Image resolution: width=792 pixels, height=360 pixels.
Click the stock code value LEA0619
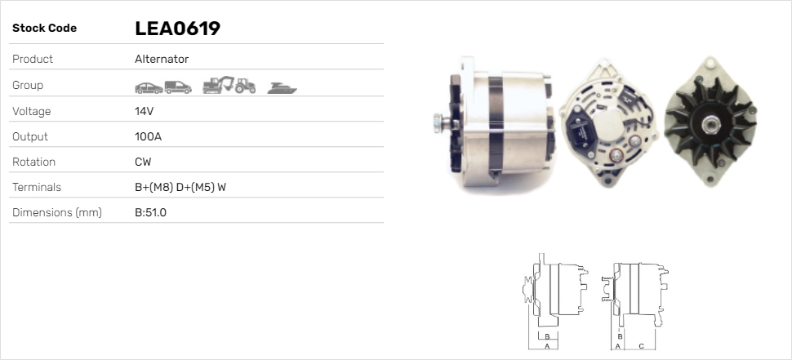[x=177, y=29]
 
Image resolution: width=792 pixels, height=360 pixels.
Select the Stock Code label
[x=44, y=29]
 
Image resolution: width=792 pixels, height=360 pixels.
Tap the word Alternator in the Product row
[x=162, y=59]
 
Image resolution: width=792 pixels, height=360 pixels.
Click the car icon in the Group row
[x=149, y=88]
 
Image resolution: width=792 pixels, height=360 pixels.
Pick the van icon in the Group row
[x=178, y=87]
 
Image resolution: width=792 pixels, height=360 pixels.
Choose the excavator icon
[x=218, y=85]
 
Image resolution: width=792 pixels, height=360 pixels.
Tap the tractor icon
[x=246, y=86]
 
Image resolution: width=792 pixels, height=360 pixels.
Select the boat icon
[x=282, y=88]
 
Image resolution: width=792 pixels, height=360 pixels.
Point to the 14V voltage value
[x=144, y=111]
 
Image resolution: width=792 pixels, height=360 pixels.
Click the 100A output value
[x=148, y=136]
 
